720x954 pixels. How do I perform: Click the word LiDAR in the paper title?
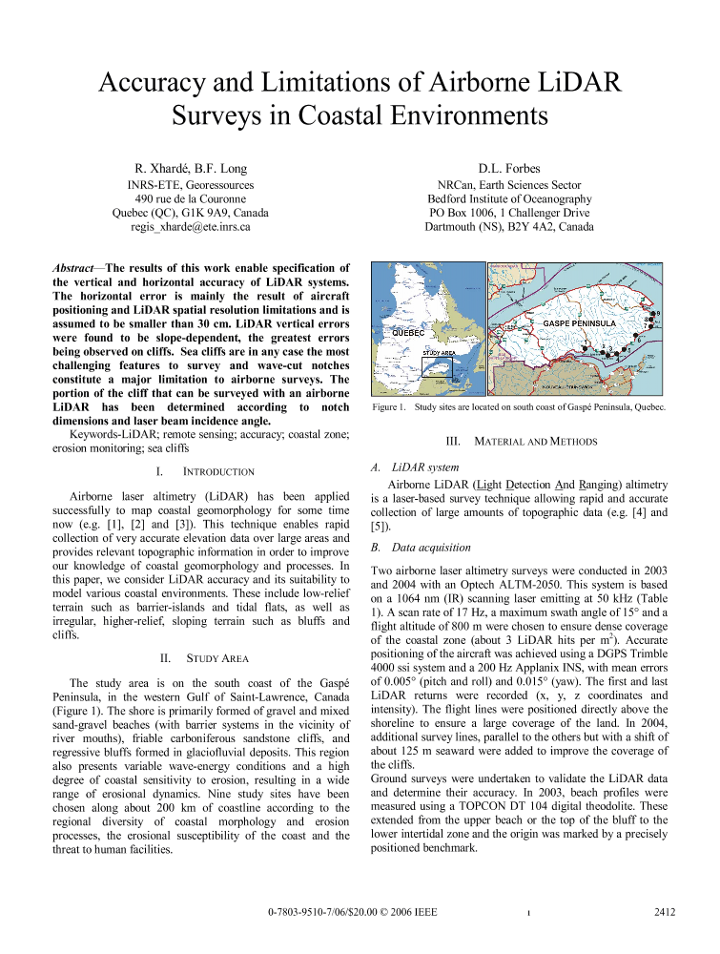570,82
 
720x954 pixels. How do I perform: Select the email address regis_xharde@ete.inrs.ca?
191,227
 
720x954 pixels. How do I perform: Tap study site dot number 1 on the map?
586,349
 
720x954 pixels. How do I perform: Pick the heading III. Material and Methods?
521,441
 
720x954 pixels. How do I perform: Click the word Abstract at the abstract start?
72,268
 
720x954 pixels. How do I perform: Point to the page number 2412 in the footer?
665,912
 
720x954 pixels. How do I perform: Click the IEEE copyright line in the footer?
352,912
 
